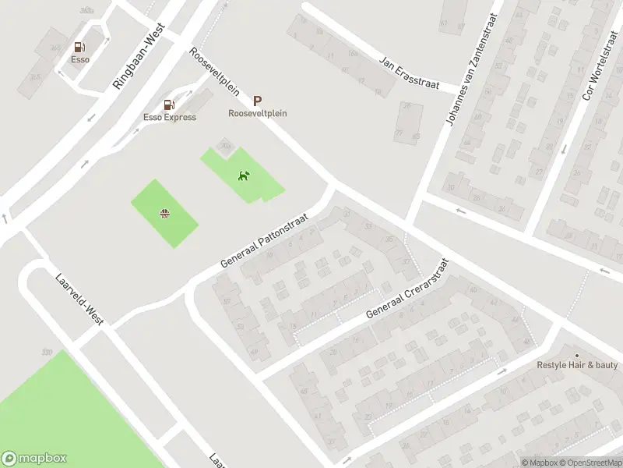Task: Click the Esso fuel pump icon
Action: (x=79, y=48)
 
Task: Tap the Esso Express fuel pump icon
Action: (x=169, y=105)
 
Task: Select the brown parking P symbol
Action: (x=257, y=101)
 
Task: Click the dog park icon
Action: (x=244, y=175)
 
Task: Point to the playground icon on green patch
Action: (x=165, y=213)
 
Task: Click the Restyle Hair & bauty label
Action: (x=577, y=365)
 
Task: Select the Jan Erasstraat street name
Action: (x=409, y=73)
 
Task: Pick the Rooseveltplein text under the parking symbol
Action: (x=257, y=113)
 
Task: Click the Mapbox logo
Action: (x=34, y=459)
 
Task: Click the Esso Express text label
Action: (x=169, y=118)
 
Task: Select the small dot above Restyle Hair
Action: (x=577, y=355)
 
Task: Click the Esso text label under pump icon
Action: (x=79, y=59)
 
